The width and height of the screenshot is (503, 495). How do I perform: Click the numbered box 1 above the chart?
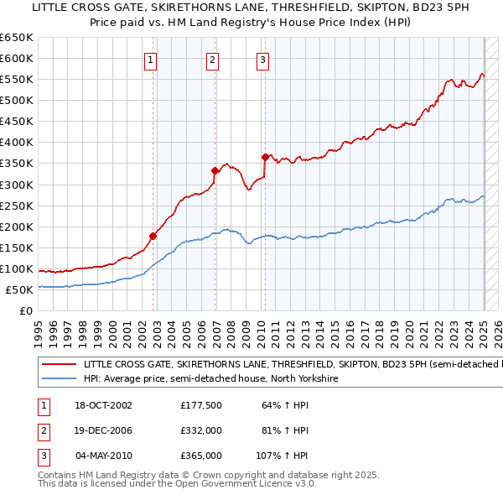(150, 60)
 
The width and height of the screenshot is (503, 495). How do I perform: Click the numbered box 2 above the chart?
(213, 60)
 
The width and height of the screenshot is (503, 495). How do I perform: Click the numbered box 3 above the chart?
(262, 60)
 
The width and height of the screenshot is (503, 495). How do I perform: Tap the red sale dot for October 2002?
(153, 236)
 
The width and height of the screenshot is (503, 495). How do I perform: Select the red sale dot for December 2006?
(215, 170)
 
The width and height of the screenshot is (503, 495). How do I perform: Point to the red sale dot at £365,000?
(265, 157)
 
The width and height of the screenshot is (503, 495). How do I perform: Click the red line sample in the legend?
(59, 365)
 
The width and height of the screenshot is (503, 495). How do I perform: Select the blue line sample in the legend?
(59, 379)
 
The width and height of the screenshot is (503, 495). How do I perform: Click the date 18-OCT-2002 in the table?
(104, 406)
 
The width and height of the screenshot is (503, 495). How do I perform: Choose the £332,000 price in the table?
(201, 430)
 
